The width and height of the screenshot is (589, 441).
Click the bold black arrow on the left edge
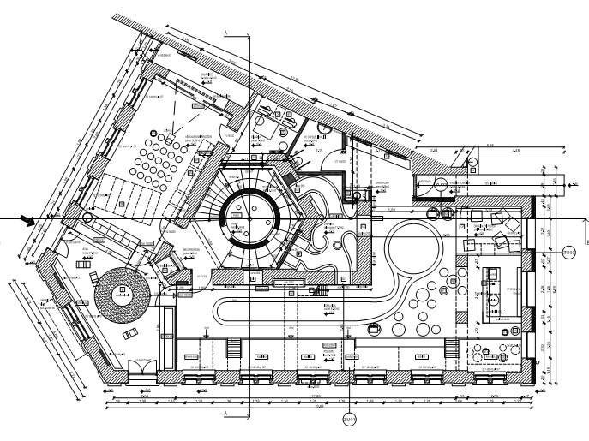coord(29,221)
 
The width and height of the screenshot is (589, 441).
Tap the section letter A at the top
coord(225,33)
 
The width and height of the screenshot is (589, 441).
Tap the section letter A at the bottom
coord(225,414)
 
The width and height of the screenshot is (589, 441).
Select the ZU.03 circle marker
coord(570,252)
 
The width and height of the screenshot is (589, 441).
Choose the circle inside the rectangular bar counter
coord(495,300)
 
